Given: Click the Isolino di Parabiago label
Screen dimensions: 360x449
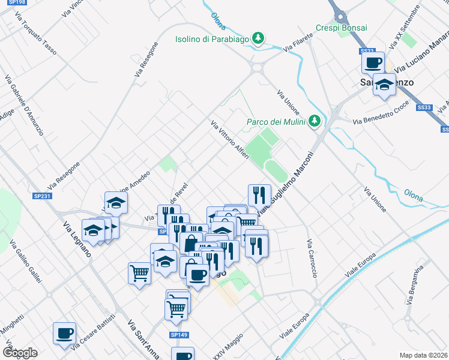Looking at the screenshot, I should click(x=212, y=39).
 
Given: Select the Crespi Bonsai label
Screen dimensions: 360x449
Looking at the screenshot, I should click(x=342, y=28).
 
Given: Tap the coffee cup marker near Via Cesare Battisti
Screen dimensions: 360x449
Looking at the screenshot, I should click(x=64, y=334).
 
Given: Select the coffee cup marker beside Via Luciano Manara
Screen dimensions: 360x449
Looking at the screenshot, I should click(x=373, y=62).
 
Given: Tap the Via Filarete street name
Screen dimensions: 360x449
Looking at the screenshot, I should click(x=300, y=42).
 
